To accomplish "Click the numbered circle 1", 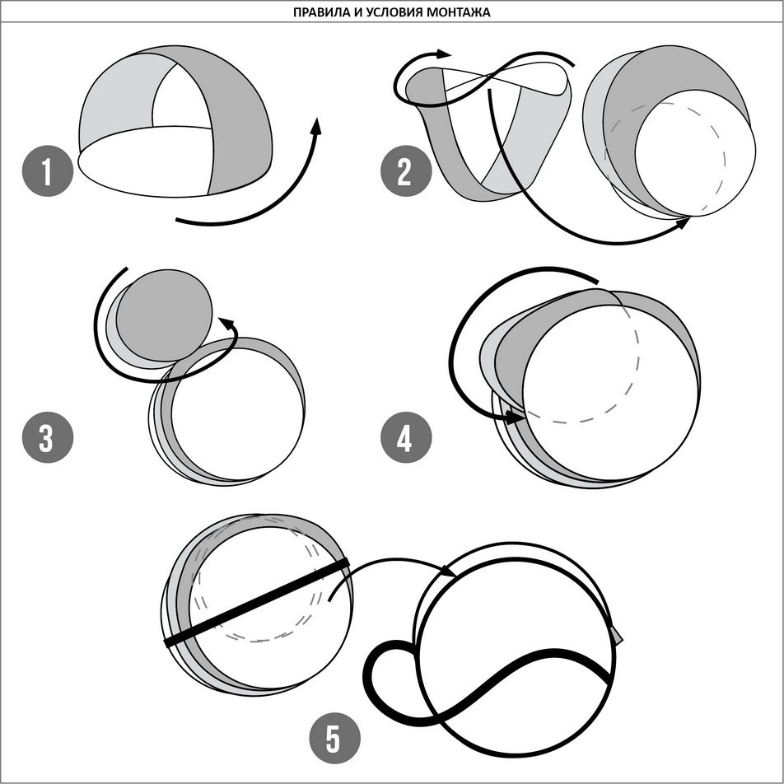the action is [x=48, y=170].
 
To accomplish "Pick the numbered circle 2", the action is [x=406, y=170].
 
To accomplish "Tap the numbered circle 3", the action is [x=48, y=437].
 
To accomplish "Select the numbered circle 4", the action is [x=406, y=437].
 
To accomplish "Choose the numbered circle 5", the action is [x=335, y=738].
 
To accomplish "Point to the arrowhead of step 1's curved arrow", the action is [x=315, y=126].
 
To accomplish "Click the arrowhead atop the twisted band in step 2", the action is [x=443, y=54].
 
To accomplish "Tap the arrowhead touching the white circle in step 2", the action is [x=683, y=222].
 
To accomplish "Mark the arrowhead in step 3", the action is [x=227, y=324].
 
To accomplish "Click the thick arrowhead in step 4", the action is [x=515, y=417].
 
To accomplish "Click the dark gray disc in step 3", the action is [x=164, y=315].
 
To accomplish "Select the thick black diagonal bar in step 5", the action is [x=257, y=603].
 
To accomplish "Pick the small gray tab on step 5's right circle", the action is [x=617, y=634].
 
